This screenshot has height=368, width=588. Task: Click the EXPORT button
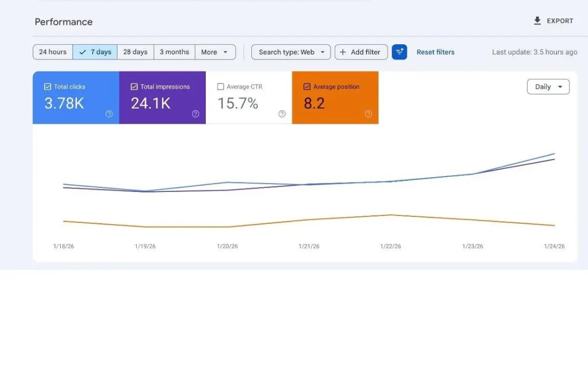click(553, 21)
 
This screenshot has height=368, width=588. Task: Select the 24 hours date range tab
click(53, 52)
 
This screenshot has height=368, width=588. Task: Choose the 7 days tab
click(95, 52)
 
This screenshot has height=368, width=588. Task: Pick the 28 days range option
click(135, 52)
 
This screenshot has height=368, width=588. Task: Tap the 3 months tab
click(174, 52)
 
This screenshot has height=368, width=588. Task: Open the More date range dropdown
click(215, 52)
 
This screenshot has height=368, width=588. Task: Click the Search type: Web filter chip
click(291, 52)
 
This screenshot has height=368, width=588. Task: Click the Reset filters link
click(435, 52)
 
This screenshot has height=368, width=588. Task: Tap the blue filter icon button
click(399, 52)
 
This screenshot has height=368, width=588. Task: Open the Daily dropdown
click(548, 87)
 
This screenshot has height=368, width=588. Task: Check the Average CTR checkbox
click(220, 87)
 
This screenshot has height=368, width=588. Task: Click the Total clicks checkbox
click(48, 87)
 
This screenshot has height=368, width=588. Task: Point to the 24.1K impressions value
click(150, 104)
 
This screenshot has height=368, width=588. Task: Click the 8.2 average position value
click(314, 104)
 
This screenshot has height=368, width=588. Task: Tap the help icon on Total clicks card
click(109, 114)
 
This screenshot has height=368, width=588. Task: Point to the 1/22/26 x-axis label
click(391, 246)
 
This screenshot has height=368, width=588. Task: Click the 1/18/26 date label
click(64, 246)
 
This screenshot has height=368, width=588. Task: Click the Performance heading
click(64, 22)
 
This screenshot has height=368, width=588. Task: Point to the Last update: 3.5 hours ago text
click(535, 52)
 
